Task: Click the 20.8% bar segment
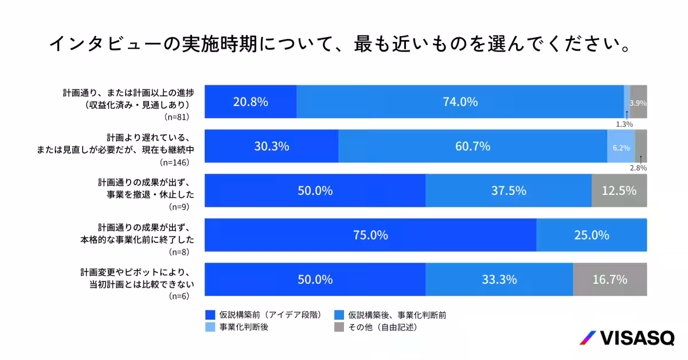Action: pos(251,102)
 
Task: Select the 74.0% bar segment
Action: pos(460,102)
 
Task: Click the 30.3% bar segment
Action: pos(271,146)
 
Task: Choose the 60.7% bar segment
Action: pos(472,146)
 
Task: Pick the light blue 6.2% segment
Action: pos(621,147)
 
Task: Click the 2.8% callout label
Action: pos(638,168)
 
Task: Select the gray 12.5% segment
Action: pos(619,190)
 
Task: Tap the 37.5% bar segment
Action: pos(509,190)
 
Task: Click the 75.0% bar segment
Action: pos(370,235)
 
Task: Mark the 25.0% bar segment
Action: pos(592,235)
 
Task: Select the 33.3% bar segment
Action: pos(499,280)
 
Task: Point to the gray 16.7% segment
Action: pos(610,280)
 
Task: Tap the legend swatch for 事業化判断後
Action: pos(210,327)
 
